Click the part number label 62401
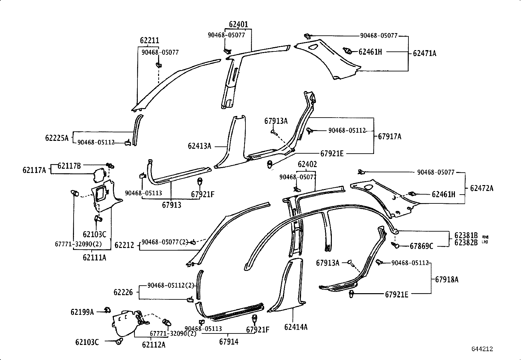(238, 24)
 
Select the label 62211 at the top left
(150, 41)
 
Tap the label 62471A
(424, 53)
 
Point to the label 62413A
(199, 146)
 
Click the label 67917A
(389, 137)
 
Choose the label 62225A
(57, 138)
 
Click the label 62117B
(69, 166)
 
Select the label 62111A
(94, 258)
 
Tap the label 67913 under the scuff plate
(171, 205)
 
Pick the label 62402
(307, 164)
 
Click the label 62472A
(481, 188)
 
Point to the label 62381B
(466, 236)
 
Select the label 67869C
(421, 246)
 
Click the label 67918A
(447, 279)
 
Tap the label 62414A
(296, 327)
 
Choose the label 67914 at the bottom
(229, 342)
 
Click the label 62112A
(154, 345)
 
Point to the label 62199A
(82, 312)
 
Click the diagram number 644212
(482, 349)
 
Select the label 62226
(123, 292)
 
